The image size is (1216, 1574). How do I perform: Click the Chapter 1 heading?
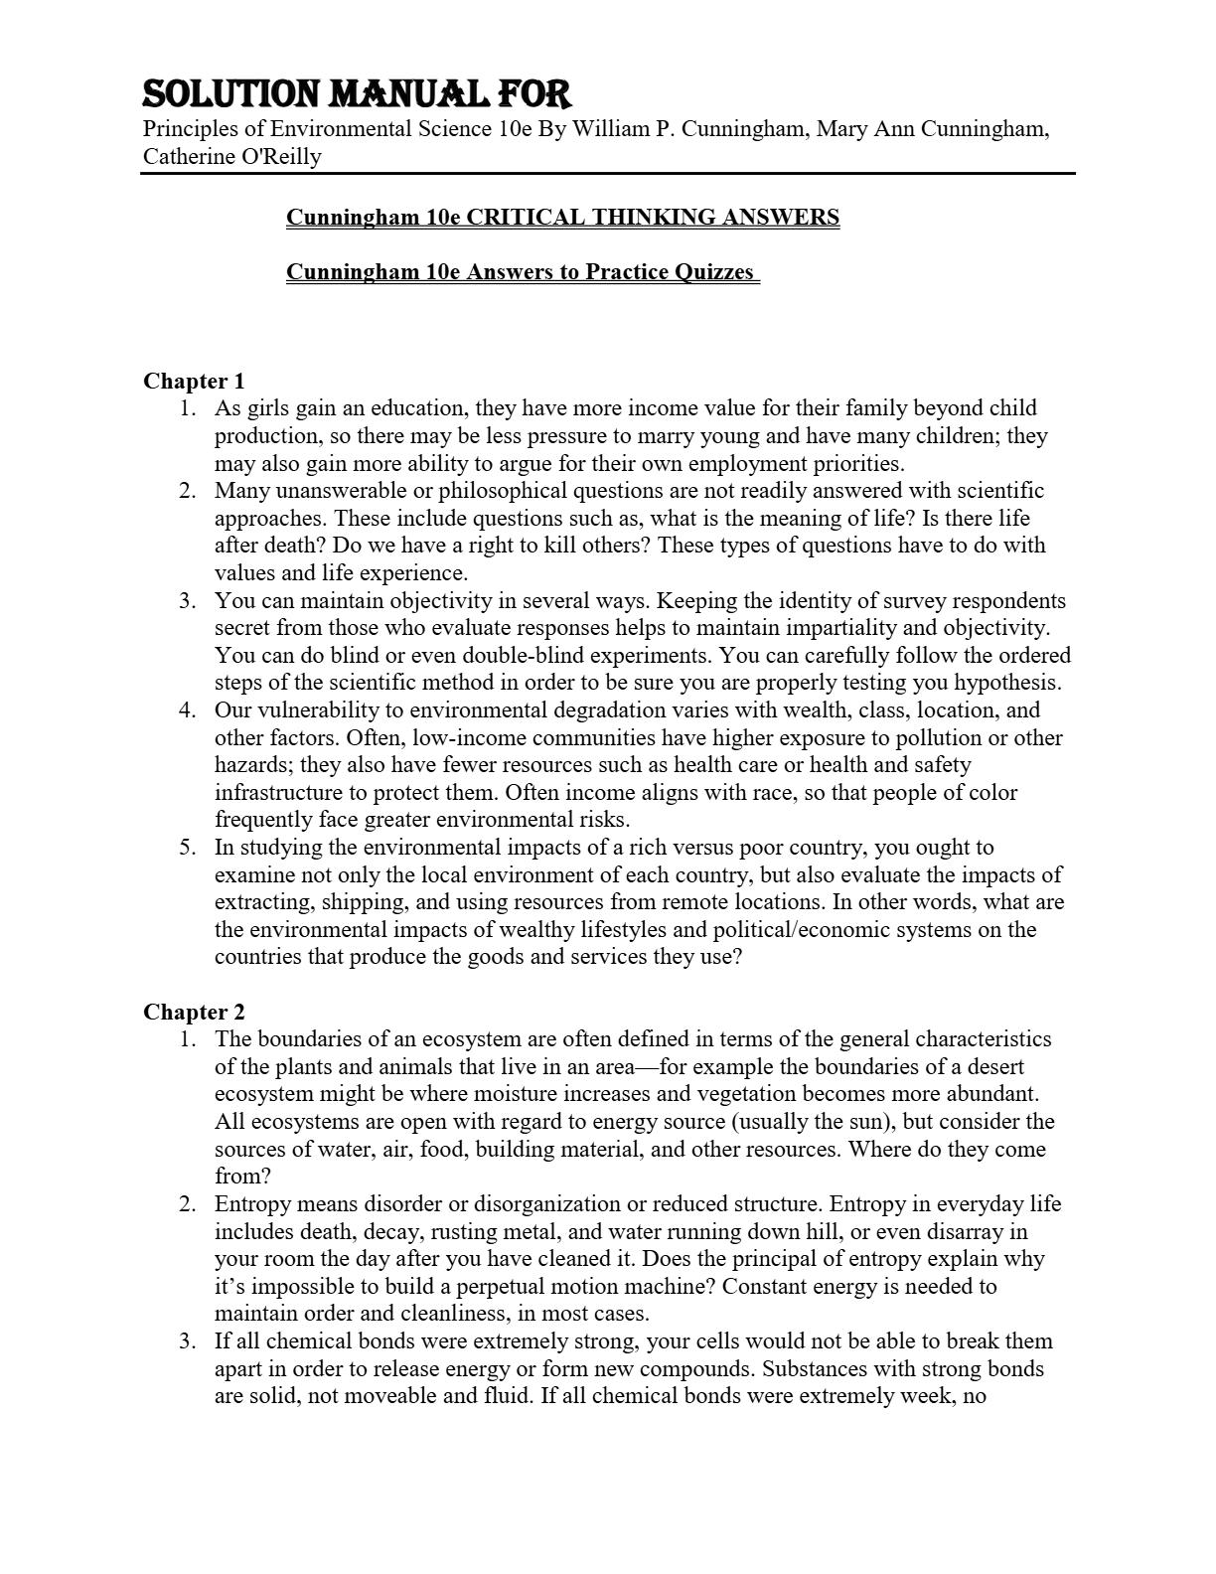click(x=194, y=381)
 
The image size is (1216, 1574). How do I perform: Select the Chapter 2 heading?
click(x=194, y=1012)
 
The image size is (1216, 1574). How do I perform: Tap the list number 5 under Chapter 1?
click(x=188, y=848)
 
